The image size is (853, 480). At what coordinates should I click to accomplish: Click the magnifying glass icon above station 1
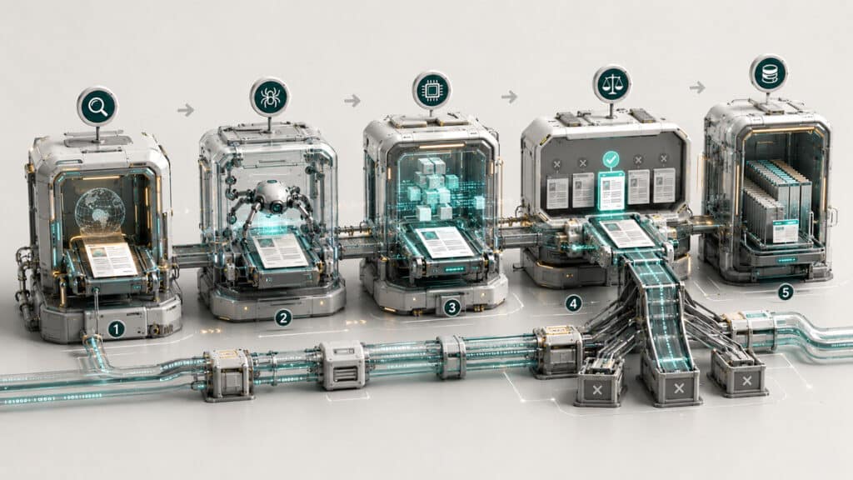click(x=97, y=107)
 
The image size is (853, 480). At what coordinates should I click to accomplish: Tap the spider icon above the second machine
click(x=269, y=97)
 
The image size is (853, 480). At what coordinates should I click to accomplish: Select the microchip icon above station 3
click(x=431, y=90)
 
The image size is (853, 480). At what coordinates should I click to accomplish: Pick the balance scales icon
click(x=612, y=84)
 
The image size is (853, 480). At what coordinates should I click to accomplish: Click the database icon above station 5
click(x=769, y=73)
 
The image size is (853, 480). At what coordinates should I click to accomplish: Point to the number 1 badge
click(x=116, y=328)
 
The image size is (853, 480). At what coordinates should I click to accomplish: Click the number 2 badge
click(x=283, y=317)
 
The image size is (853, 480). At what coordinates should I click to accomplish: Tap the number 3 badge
click(x=451, y=308)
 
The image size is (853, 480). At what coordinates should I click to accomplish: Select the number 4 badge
click(x=573, y=303)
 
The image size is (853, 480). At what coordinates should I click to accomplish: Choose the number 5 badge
click(x=785, y=292)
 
